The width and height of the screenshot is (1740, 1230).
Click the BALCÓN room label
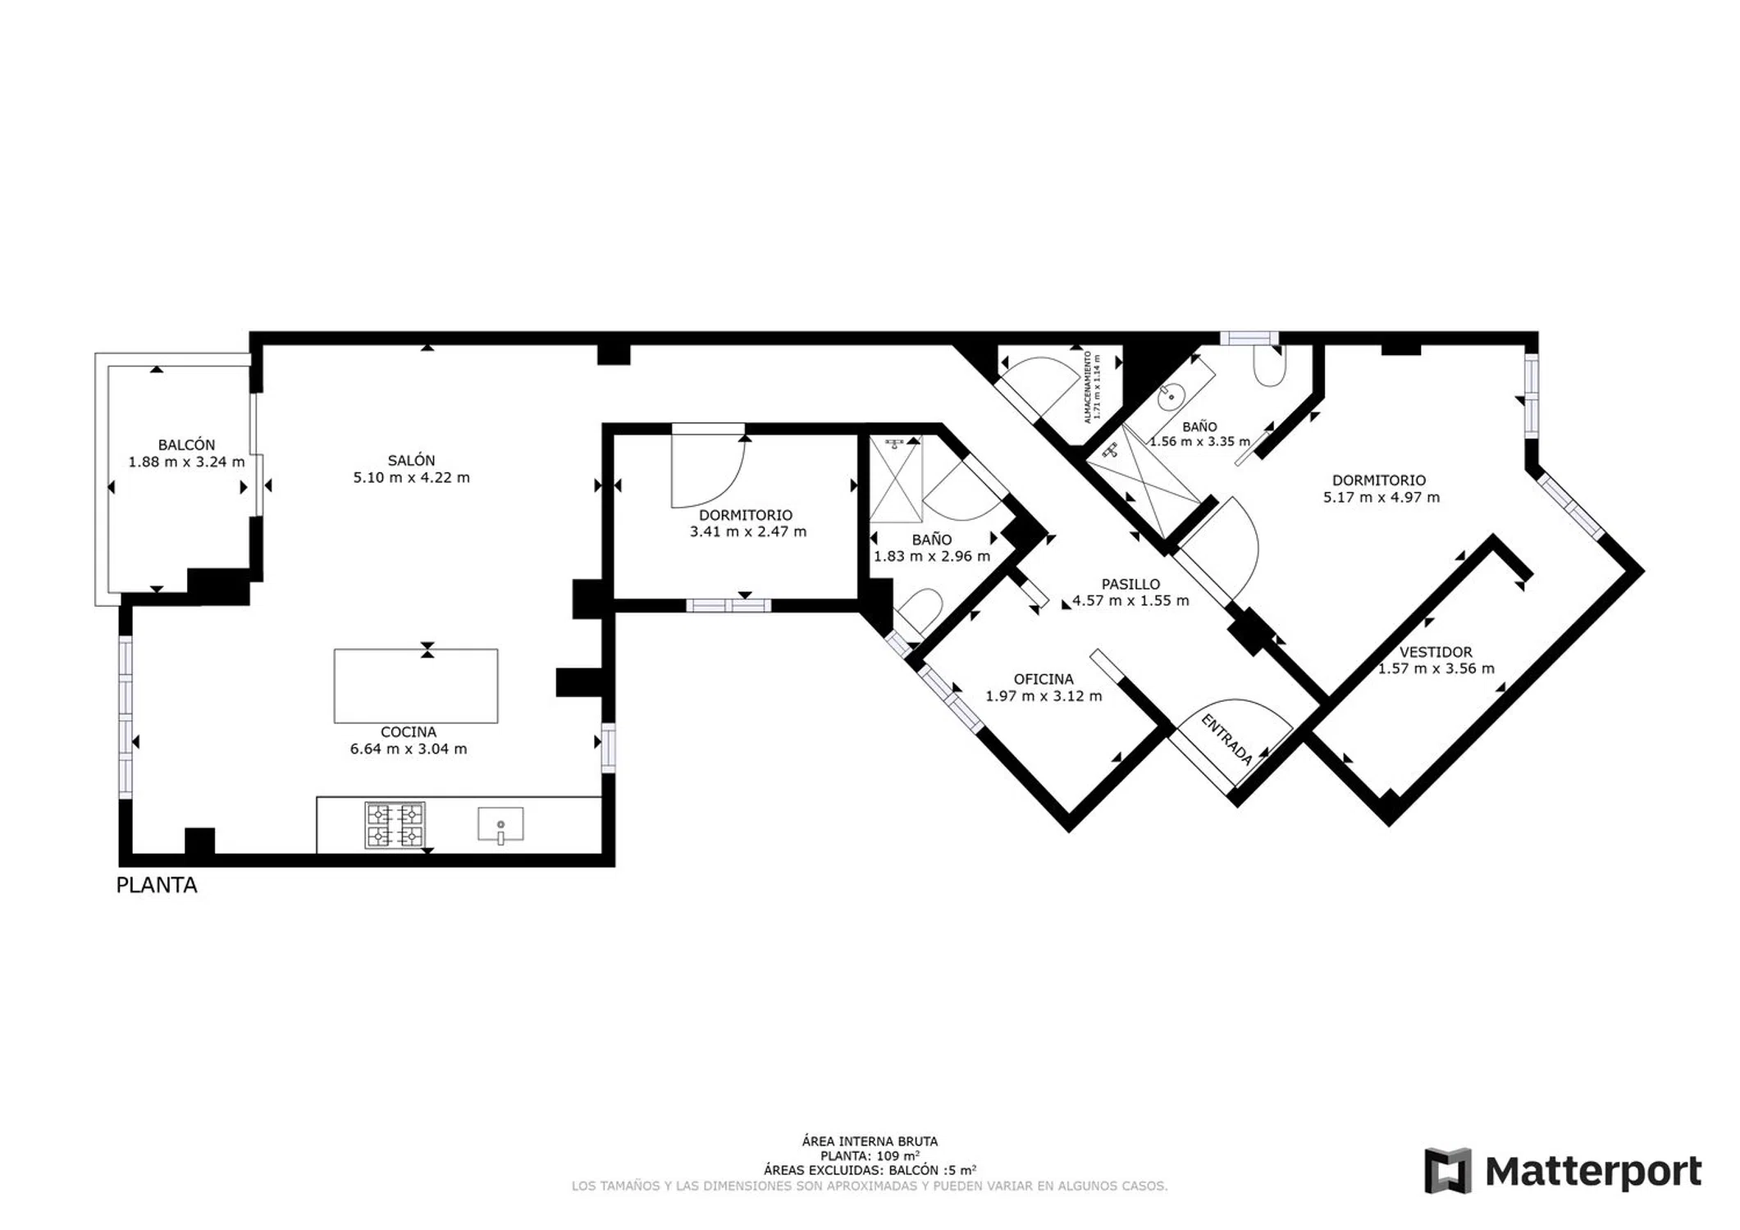[186, 445]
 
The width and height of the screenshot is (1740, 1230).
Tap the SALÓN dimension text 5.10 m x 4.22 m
[411, 477]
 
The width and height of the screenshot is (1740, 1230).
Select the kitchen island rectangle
[416, 686]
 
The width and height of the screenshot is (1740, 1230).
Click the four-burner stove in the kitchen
[395, 825]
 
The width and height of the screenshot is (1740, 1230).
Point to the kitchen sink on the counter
[500, 825]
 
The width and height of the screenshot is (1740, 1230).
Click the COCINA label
[409, 732]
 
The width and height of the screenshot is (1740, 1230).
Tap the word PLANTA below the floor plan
[157, 886]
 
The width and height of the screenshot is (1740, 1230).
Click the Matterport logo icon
[1448, 1171]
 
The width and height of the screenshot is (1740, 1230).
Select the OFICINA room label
[1044, 679]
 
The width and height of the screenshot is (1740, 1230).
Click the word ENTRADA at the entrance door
[1226, 739]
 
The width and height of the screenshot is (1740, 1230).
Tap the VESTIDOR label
[1436, 652]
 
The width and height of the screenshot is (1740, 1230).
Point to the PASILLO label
[1130, 584]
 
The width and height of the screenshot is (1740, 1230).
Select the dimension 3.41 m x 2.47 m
[748, 531]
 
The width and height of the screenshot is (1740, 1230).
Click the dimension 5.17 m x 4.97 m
[1381, 497]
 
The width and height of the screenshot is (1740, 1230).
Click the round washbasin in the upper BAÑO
[1171, 397]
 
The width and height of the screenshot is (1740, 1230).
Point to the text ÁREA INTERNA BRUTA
[870, 1141]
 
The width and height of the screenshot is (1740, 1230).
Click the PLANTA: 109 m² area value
[870, 1156]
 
